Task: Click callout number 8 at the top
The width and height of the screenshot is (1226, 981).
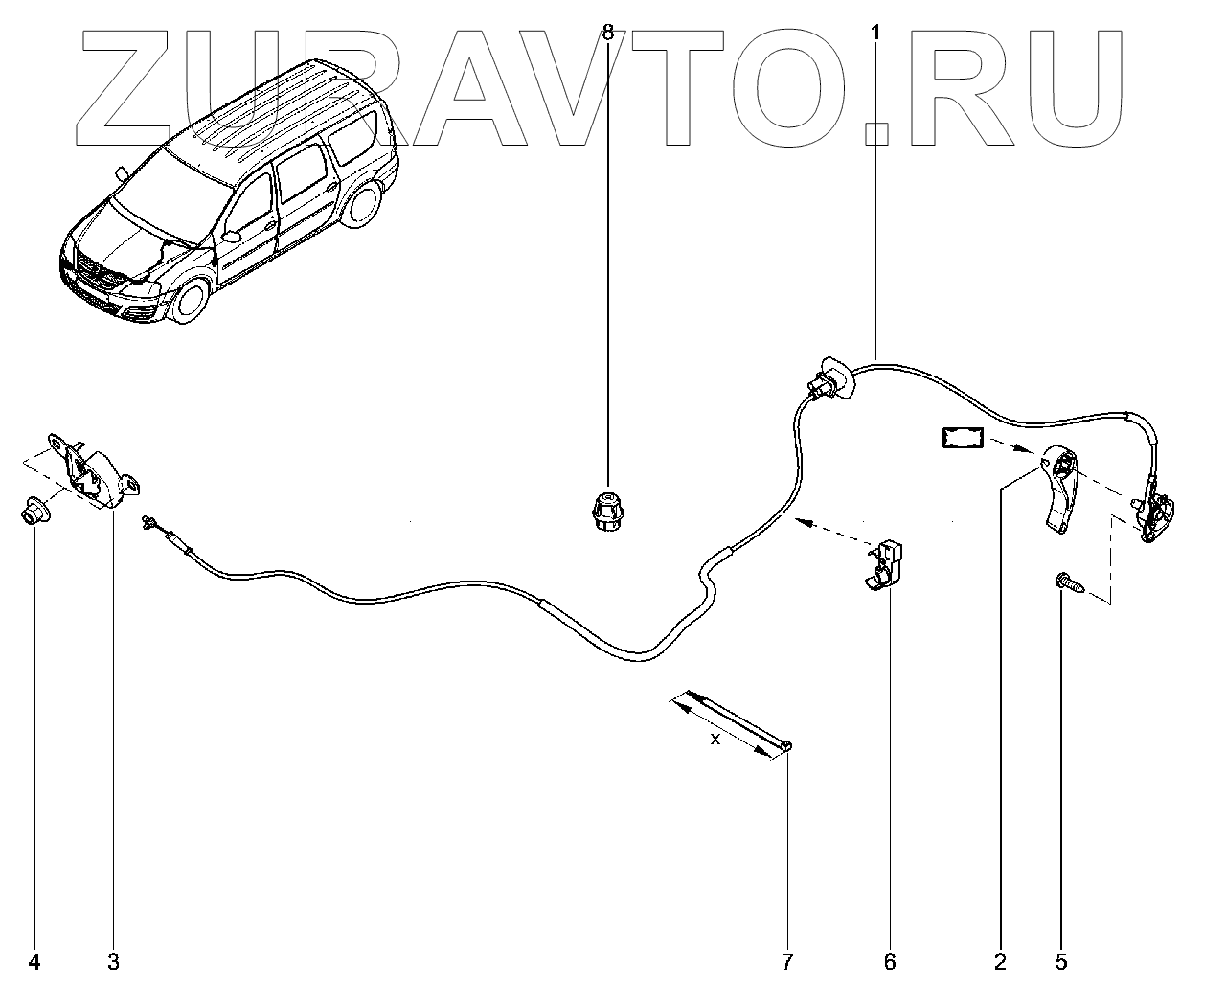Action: tap(607, 32)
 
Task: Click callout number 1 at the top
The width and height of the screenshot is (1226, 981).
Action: tap(874, 32)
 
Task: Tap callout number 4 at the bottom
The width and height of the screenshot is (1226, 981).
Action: tap(34, 961)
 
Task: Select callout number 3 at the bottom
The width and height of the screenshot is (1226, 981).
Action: tap(113, 961)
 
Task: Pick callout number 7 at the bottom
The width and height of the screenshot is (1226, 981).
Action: tap(787, 961)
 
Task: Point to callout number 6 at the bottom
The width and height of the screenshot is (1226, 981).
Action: tap(889, 961)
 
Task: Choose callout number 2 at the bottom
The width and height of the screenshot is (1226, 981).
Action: tap(1000, 961)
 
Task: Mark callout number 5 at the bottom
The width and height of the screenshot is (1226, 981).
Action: tap(1060, 961)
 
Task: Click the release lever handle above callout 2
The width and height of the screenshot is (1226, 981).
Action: tap(1059, 489)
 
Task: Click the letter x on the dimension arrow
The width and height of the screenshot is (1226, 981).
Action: tap(715, 739)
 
